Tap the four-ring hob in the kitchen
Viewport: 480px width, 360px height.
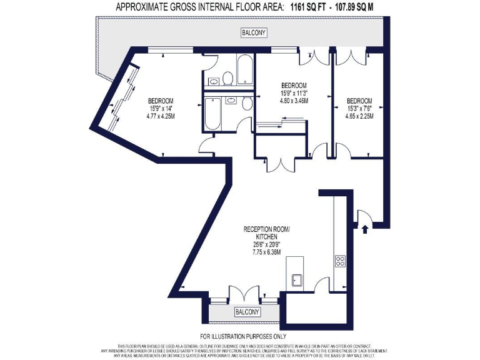pyautogui.click(x=341, y=261)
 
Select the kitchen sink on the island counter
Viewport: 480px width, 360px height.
pyautogui.click(x=296, y=280)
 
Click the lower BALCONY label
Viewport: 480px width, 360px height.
pyautogui.click(x=244, y=311)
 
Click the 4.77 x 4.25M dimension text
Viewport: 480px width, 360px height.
pyautogui.click(x=161, y=115)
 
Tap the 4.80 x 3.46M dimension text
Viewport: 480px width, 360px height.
pyautogui.click(x=293, y=100)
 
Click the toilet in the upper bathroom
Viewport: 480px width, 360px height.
pyautogui.click(x=227, y=78)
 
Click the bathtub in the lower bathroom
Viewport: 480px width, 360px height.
pyautogui.click(x=211, y=114)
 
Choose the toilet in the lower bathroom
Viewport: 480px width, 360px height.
pyautogui.click(x=247, y=103)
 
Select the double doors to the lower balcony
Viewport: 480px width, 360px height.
pyautogui.click(x=243, y=293)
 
